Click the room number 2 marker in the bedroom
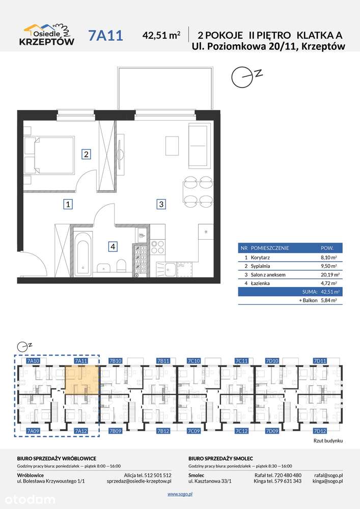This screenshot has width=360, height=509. pos(86,154)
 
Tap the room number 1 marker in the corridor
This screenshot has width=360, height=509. pos(68,205)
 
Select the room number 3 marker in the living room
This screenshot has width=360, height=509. pos(161,204)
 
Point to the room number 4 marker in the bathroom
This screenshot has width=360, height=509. pos(113,247)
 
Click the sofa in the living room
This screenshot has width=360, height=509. pos(198,146)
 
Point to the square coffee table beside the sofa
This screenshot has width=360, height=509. pos(172,146)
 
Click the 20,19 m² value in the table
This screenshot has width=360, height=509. pos(328,275)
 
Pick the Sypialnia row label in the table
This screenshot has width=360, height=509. pos(260,266)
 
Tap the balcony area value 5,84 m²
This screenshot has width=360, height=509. pos(328,300)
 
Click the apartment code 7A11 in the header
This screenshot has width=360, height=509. pos(105,36)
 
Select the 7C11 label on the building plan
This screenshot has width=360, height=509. pos(241,361)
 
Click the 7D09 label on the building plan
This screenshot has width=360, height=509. pos(272,431)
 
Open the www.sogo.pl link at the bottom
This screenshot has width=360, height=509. pos(180,494)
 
